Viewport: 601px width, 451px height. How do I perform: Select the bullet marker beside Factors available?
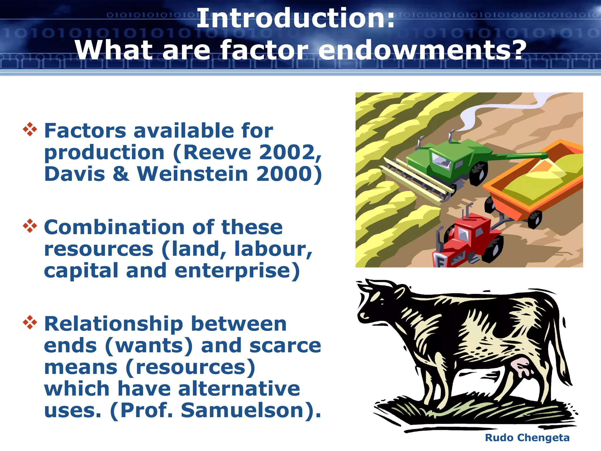tap(30, 129)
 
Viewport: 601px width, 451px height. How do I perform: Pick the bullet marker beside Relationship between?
tap(30, 322)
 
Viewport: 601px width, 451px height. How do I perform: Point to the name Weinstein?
tap(193, 174)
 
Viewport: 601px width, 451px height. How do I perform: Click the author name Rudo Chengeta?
tap(527, 438)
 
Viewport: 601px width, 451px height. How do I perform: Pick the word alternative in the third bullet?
tap(239, 389)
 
